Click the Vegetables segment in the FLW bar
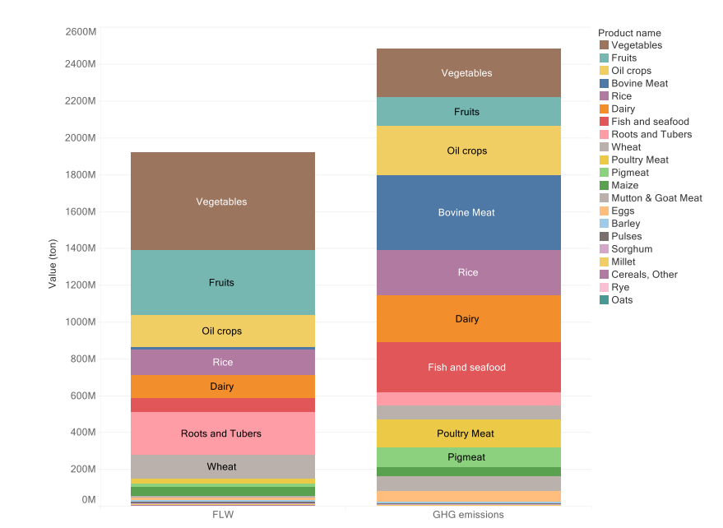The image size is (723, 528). coord(222,201)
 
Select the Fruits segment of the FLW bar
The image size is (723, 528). coord(222,282)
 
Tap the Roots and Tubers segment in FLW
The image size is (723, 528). coord(222,433)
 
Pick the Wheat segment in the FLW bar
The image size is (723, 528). coord(222,466)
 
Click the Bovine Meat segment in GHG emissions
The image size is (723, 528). coord(466,212)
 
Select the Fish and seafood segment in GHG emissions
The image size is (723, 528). coord(466,367)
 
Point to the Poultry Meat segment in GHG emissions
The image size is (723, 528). coord(466,433)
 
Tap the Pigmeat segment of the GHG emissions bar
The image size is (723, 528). coord(466,457)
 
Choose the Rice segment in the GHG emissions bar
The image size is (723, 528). coord(466,272)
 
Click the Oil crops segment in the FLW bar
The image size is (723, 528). coord(222,331)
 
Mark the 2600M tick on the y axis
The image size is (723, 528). coord(81,31)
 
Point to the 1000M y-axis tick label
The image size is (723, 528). coord(81,322)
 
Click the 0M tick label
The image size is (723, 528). coord(88,499)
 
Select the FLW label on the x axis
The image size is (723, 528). coord(222,515)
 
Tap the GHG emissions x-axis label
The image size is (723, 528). coord(466,515)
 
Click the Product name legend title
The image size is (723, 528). coord(629,33)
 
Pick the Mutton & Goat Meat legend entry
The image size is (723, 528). coord(656,198)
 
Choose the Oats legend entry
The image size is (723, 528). coord(622,300)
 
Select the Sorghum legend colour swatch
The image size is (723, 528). coord(604,249)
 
